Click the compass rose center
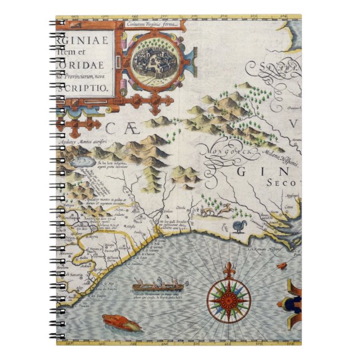click(x=229, y=300)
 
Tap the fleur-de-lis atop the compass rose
click(x=229, y=271)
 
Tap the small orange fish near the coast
click(x=281, y=266)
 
